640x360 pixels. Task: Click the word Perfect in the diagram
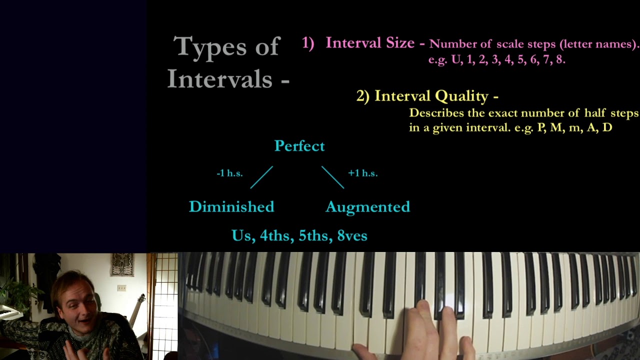(x=299, y=146)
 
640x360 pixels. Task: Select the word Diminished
(x=231, y=206)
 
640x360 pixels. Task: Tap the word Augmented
(x=367, y=206)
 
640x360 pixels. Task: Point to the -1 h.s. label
(x=229, y=173)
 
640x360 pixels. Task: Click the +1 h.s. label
(x=362, y=173)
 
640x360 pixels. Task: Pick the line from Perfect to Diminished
(x=261, y=177)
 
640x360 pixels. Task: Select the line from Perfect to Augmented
(x=332, y=177)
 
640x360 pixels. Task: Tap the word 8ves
(x=352, y=235)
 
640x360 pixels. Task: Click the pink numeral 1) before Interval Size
(x=308, y=43)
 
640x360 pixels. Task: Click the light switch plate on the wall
(x=121, y=288)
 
